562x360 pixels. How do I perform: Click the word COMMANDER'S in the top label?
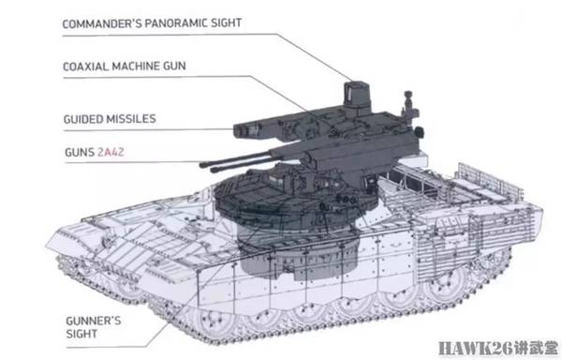(102, 23)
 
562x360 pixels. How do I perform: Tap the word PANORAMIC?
(176, 23)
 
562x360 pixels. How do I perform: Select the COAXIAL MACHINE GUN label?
(125, 67)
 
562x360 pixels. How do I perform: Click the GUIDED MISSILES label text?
(110, 119)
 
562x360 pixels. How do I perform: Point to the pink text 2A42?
(111, 152)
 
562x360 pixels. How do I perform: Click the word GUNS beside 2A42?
(80, 152)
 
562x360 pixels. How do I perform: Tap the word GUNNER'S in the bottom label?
(94, 321)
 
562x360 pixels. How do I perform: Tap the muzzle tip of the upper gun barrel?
(202, 165)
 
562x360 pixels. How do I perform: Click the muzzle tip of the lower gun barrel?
(213, 171)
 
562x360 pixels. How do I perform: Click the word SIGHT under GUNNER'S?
(81, 334)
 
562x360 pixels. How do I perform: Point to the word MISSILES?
(132, 119)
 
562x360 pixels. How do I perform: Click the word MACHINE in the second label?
(136, 67)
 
